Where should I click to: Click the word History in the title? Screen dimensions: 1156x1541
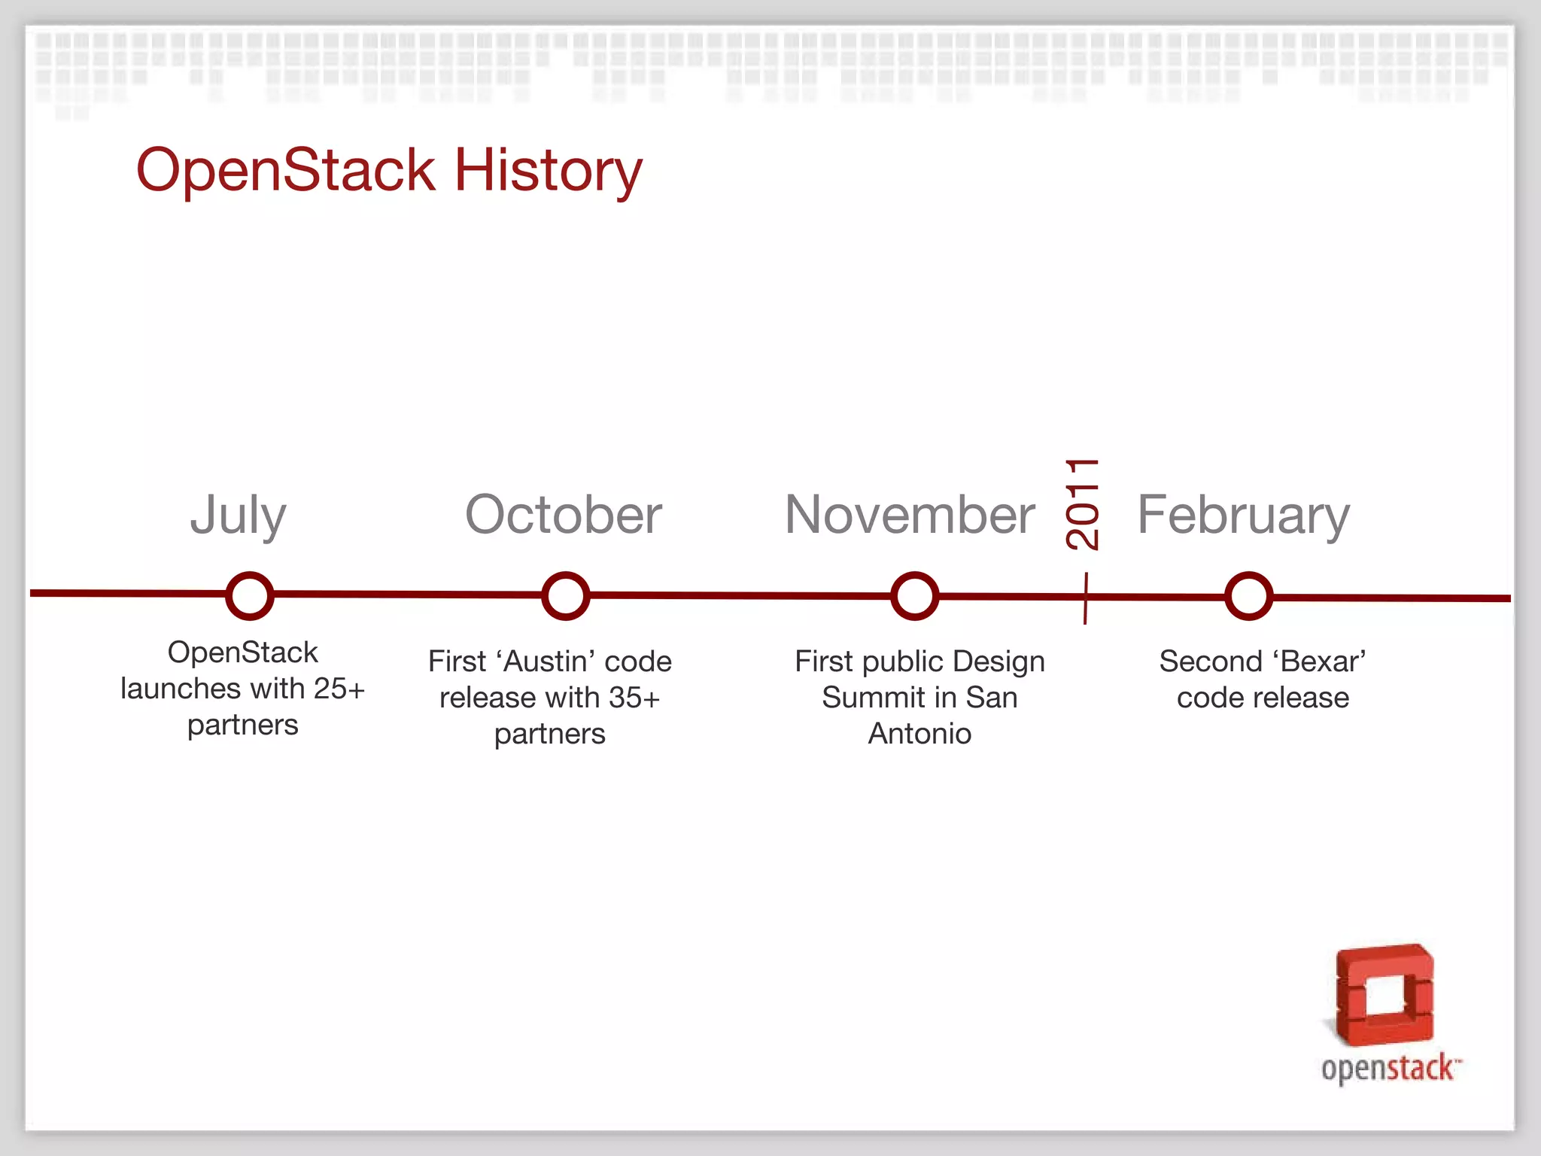coord(548,171)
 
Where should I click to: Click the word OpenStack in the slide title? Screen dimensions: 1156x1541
coord(286,171)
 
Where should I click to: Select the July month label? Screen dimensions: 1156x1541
coord(238,516)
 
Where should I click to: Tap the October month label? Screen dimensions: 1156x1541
coord(564,516)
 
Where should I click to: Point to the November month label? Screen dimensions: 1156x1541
coord(910,516)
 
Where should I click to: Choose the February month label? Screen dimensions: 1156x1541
coord(1243,516)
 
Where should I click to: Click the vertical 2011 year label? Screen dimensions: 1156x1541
coord(1084,504)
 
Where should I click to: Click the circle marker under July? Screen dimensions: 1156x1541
coord(249,596)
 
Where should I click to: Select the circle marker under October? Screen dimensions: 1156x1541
coord(565,596)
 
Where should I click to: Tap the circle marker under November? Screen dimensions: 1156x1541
coord(914,596)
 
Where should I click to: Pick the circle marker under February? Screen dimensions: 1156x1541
coord(1248,596)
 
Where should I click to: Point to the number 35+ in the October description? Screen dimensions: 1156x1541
coord(634,698)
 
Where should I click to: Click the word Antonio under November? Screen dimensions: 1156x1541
coord(919,734)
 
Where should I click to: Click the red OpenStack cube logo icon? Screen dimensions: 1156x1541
coord(1384,995)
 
